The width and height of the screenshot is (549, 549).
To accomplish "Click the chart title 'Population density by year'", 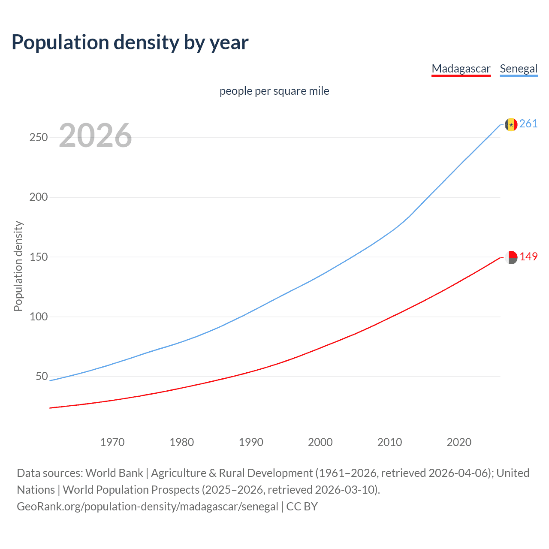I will pyautogui.click(x=130, y=42).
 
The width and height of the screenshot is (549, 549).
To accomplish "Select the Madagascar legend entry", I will pyautogui.click(x=461, y=69).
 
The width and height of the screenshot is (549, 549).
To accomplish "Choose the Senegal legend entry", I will pyautogui.click(x=519, y=69).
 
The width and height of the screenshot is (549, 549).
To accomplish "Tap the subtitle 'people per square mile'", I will pyautogui.click(x=274, y=91).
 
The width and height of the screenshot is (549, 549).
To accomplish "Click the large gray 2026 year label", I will pyautogui.click(x=95, y=136).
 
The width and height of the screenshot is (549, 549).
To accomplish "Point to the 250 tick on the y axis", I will pyautogui.click(x=38, y=138).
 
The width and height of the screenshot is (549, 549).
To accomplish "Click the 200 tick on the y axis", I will pyautogui.click(x=38, y=197).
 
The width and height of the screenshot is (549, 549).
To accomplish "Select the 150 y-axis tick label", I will pyautogui.click(x=38, y=257).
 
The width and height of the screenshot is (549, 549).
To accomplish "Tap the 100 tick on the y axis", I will pyautogui.click(x=38, y=317).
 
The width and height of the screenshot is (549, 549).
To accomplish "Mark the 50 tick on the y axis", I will pyautogui.click(x=41, y=377).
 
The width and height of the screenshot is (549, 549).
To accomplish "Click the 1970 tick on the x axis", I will pyautogui.click(x=112, y=442).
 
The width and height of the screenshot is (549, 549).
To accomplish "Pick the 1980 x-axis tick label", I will pyautogui.click(x=182, y=442).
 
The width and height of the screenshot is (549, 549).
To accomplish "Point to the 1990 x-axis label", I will pyautogui.click(x=251, y=442).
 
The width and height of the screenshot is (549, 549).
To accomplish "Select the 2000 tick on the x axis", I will pyautogui.click(x=320, y=442).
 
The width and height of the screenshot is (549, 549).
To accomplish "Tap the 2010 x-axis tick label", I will pyautogui.click(x=389, y=442).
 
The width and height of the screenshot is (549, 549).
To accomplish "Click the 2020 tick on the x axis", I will pyautogui.click(x=459, y=442).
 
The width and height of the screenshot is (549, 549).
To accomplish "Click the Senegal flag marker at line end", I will pyautogui.click(x=511, y=124).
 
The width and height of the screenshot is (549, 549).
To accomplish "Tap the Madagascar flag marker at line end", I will pyautogui.click(x=511, y=257).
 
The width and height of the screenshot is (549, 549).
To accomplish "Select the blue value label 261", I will pyautogui.click(x=528, y=124).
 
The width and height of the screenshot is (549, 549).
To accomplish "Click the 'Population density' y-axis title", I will pyautogui.click(x=18, y=266).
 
